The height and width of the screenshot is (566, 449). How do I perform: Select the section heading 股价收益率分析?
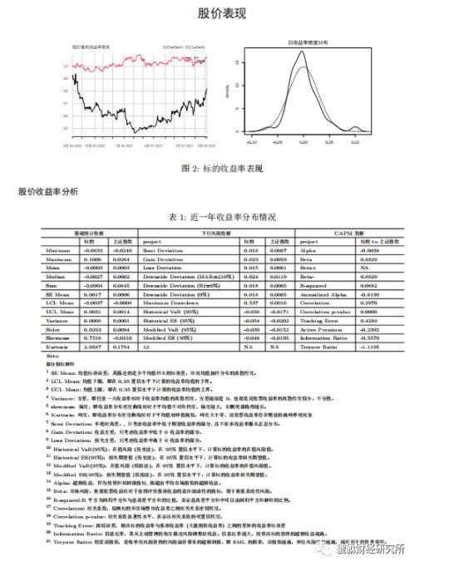48,193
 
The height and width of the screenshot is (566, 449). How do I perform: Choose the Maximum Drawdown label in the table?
170,303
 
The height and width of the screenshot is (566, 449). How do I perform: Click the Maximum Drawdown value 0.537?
247,303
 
